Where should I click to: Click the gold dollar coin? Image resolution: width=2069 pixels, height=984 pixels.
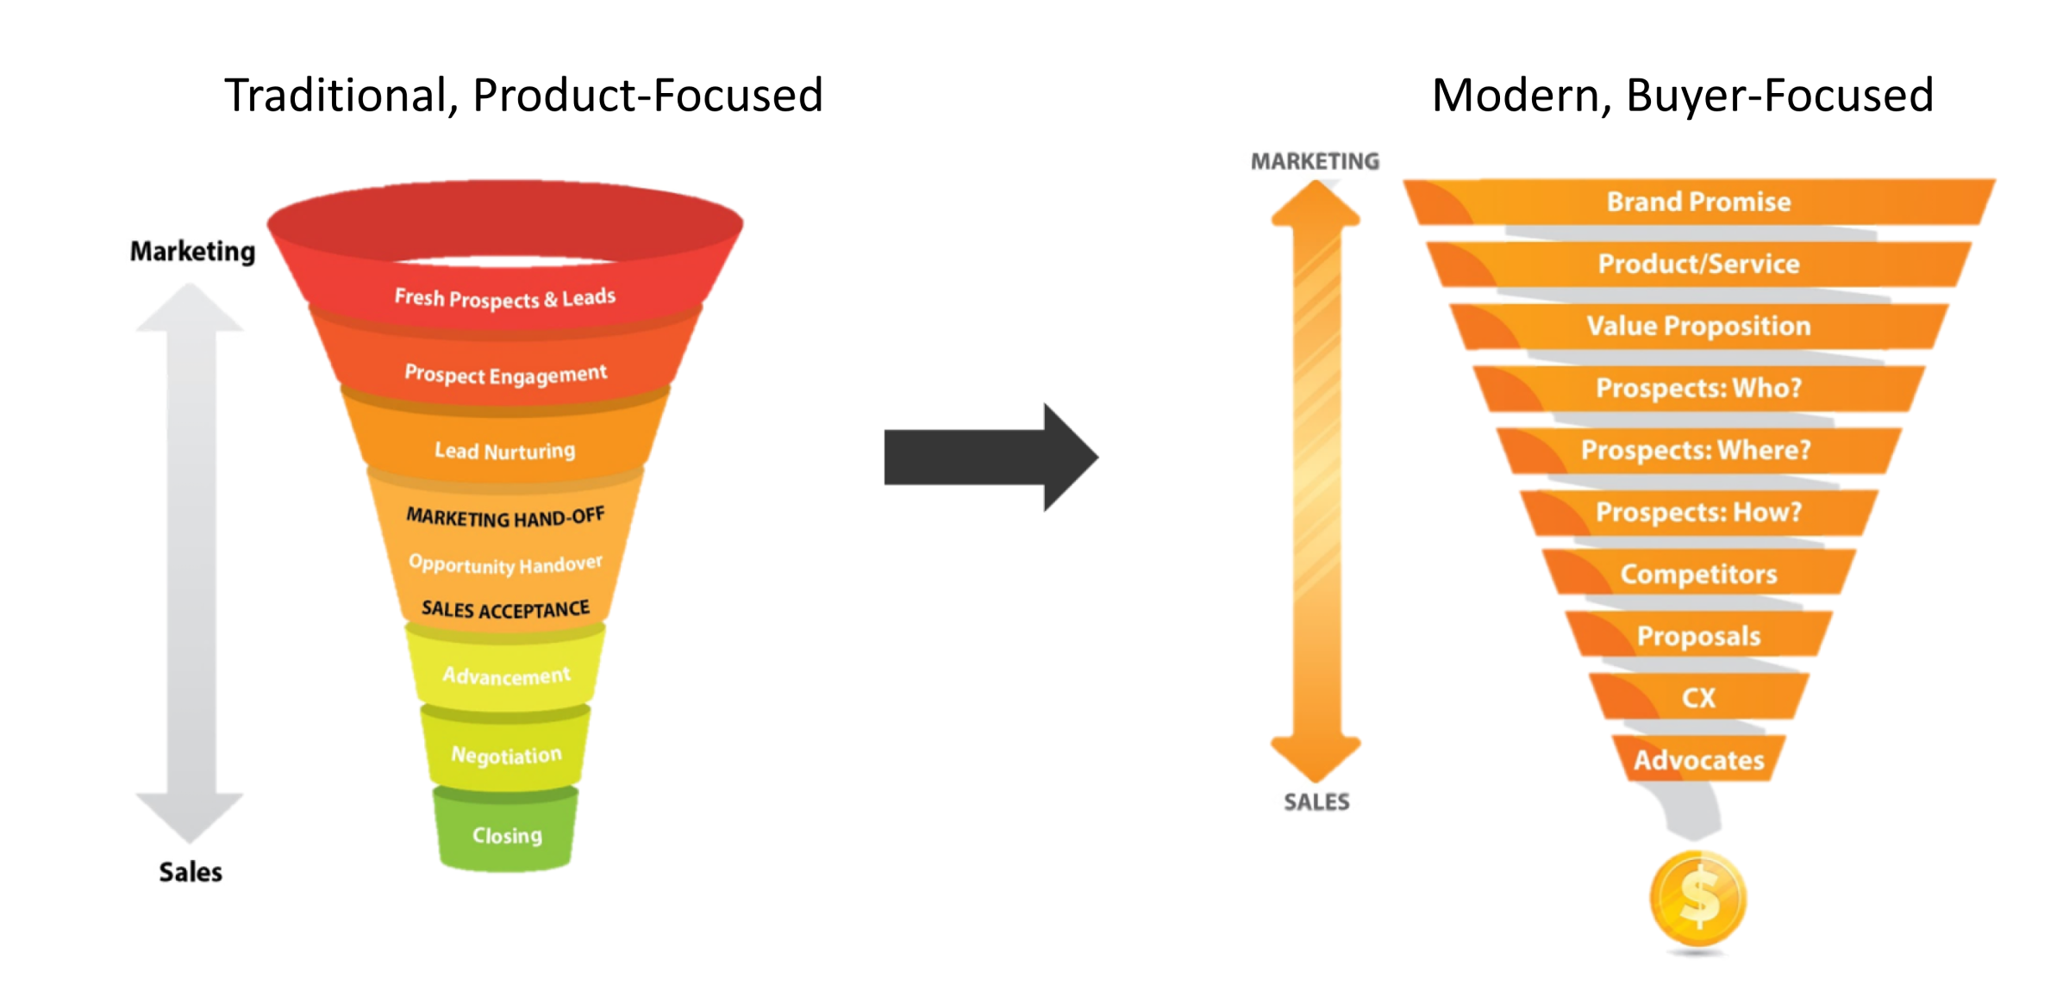coord(1697,899)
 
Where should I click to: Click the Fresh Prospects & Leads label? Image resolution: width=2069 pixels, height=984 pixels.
coord(505,298)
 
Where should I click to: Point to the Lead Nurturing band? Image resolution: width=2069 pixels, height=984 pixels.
coord(505,450)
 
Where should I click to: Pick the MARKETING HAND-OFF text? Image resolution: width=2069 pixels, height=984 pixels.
coord(505,517)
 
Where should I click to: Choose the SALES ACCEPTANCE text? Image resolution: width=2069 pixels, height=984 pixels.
coord(505,609)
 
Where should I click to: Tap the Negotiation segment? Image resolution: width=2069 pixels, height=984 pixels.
coord(507,755)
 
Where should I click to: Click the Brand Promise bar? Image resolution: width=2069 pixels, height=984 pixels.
coord(1698,202)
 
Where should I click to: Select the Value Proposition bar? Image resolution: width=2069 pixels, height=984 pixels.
coord(1698,326)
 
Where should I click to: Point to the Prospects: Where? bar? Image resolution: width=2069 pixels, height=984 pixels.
coord(1697,450)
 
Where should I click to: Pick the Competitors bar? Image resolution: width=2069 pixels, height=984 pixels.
coord(1698,574)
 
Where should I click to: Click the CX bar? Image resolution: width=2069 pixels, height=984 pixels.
coord(1698,697)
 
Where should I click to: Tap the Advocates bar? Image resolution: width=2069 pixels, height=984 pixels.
coord(1698,760)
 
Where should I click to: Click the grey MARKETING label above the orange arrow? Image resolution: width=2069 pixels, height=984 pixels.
coord(1315,161)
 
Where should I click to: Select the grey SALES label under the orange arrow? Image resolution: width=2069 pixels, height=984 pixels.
coord(1316,802)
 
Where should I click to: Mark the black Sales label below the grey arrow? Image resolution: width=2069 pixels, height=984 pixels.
coord(191,872)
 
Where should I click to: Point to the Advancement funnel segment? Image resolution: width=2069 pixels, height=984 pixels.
coord(507,676)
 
